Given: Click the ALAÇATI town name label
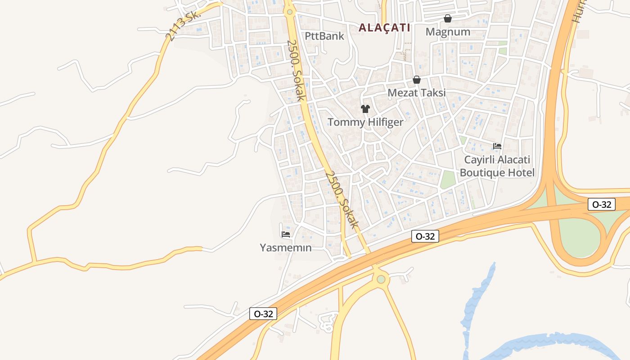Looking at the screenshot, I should [384, 27].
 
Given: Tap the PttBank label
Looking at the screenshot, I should [324, 36].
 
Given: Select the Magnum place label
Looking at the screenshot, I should [448, 32].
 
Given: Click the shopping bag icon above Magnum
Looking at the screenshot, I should [448, 18].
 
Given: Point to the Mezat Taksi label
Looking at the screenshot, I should [417, 93].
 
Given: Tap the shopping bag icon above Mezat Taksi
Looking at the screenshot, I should [417, 80].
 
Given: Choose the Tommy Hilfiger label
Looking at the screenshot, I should [365, 122].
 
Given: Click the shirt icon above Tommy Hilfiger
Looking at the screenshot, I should [365, 109].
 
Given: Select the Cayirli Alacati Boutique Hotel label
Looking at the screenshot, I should [497, 166].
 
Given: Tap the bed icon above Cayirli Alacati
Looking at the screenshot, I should [497, 146].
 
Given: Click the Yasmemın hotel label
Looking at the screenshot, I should [286, 247].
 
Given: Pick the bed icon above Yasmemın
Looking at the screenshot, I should [286, 234].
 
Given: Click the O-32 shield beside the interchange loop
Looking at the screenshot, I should [602, 204].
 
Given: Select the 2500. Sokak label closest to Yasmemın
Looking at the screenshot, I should [342, 198].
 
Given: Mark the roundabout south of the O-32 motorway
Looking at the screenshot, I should [381, 279].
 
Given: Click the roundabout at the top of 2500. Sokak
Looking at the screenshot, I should [289, 12].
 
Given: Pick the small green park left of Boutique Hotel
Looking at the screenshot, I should [448, 180].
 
